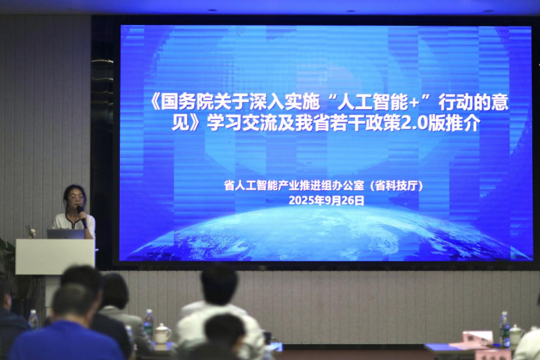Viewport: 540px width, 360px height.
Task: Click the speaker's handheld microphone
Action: pos(82,217)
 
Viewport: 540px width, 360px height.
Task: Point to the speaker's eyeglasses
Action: pos(76,197)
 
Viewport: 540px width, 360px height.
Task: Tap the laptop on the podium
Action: pos(66,234)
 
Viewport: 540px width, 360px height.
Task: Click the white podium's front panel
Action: pos(55,257)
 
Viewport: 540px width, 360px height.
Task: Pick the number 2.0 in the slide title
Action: pos(414,123)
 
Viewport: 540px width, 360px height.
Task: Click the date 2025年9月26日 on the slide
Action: pos(327,200)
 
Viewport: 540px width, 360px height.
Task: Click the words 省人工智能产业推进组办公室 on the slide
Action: pos(294,186)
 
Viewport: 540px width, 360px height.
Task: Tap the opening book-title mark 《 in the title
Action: pos(156,103)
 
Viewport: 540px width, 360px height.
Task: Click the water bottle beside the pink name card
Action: pos(504,329)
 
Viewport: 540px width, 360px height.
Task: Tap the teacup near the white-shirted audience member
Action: pos(162,334)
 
